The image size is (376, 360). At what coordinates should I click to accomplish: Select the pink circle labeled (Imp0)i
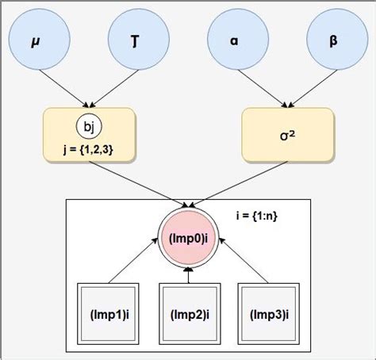188,236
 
